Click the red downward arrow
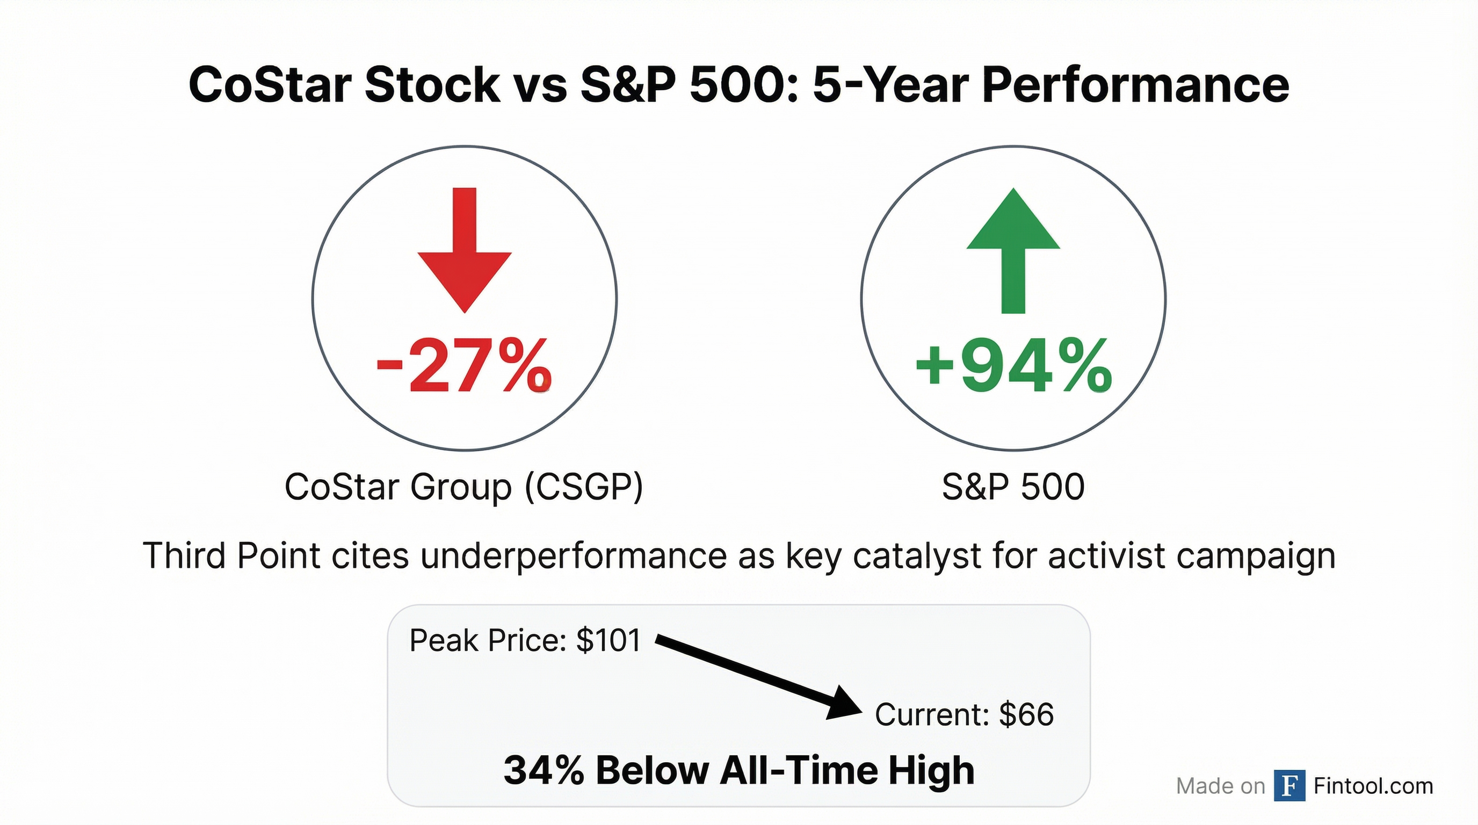pos(464,252)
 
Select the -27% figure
pos(463,365)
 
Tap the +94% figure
pos(1013,365)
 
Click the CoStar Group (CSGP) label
pos(463,487)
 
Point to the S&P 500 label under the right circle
pos(1013,487)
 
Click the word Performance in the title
pos(1135,85)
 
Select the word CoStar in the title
pos(270,85)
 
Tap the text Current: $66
pos(964,715)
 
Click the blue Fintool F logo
pos(1289,785)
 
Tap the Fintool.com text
pos(1373,785)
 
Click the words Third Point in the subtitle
pos(232,556)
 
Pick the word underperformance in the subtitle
pos(574,556)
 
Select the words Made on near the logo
pos(1220,786)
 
